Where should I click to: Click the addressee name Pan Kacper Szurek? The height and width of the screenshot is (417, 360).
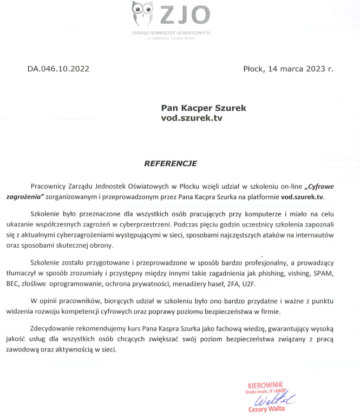pyautogui.click(x=204, y=108)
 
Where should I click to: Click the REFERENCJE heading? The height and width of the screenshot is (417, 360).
pyautogui.click(x=171, y=162)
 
